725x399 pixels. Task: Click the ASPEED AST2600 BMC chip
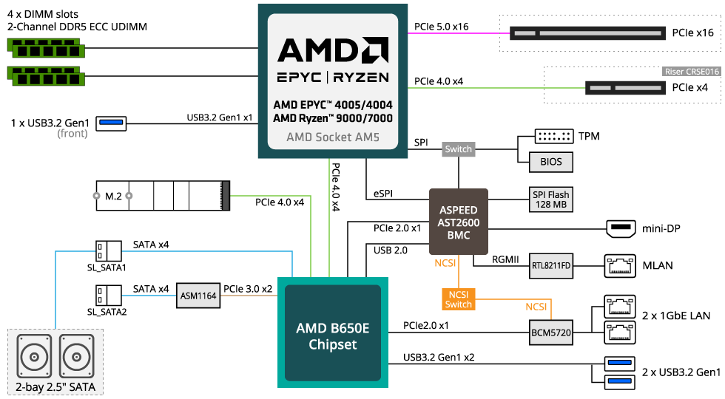[458, 222]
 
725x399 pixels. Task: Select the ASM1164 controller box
[198, 296]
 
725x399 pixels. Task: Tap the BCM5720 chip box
[551, 332]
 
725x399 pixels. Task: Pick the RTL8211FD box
[551, 265]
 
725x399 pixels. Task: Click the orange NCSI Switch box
[458, 299]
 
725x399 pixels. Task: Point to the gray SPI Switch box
[458, 149]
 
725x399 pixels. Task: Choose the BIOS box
[551, 162]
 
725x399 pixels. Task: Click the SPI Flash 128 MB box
[551, 199]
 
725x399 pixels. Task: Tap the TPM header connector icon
[554, 136]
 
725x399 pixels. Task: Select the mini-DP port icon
[621, 228]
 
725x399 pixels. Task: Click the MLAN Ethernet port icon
[620, 265]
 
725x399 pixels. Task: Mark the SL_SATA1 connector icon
[109, 252]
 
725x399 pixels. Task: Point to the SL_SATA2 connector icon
[109, 296]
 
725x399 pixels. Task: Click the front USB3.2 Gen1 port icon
[111, 123]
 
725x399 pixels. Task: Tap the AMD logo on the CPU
[333, 50]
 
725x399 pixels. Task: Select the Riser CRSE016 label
[692, 72]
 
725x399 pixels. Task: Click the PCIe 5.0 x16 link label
[441, 27]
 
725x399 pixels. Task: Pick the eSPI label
[383, 194]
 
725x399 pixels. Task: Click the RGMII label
[505, 259]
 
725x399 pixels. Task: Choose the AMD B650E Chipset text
[333, 336]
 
